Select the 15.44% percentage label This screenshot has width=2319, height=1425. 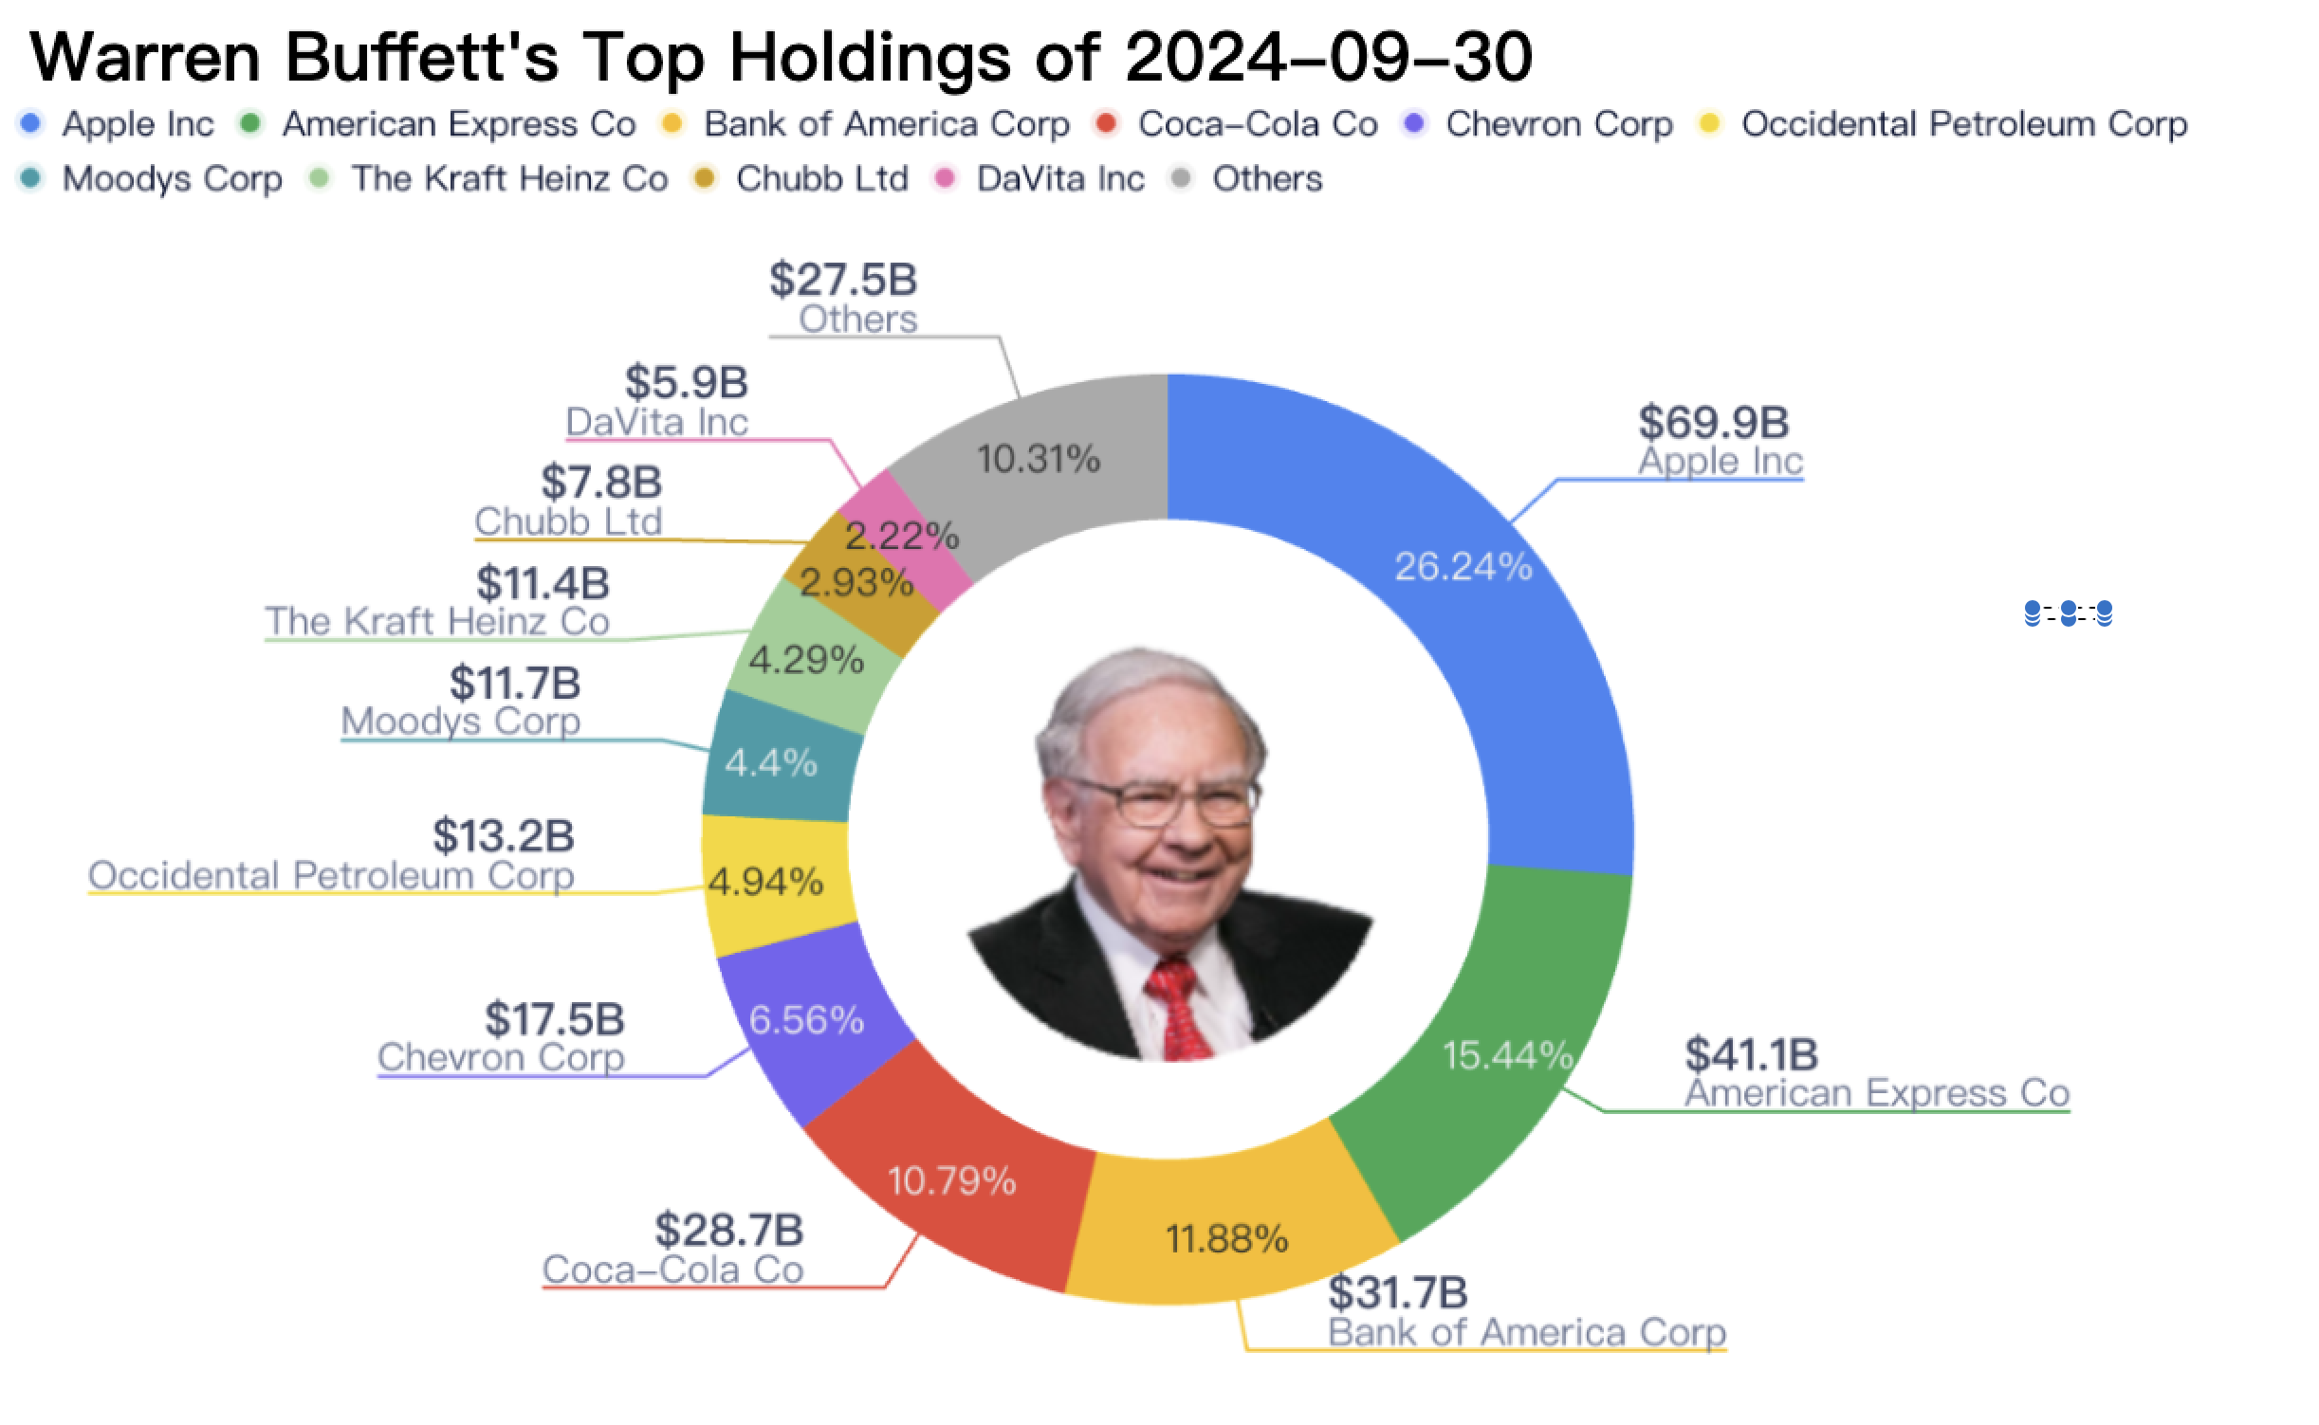[1506, 1055]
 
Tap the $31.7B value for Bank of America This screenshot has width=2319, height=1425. [1397, 1292]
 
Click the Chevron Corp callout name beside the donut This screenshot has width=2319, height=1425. [501, 1057]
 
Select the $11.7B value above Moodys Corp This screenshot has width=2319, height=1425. [515, 683]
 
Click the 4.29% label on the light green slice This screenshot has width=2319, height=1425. [806, 661]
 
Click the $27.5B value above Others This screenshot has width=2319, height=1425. [843, 280]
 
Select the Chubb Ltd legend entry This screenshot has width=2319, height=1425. [821, 179]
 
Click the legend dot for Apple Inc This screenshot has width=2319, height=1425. [31, 123]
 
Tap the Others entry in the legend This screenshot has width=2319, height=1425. [1266, 179]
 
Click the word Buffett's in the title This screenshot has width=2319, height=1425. [422, 57]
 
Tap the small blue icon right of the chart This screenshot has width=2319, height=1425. [2068, 613]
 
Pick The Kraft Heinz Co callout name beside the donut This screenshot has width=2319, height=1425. [437, 622]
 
